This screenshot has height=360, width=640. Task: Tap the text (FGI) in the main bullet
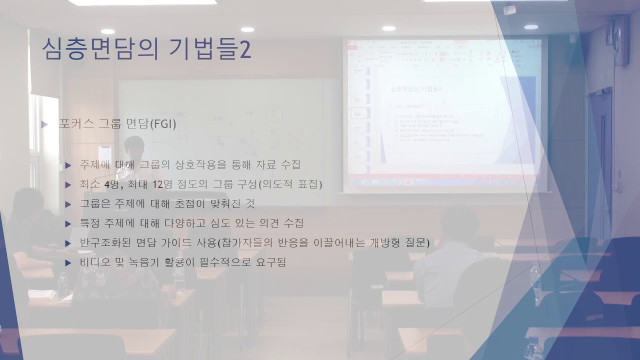point(163,123)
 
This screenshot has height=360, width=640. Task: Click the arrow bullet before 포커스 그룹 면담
point(45,124)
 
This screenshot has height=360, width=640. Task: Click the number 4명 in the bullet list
point(110,184)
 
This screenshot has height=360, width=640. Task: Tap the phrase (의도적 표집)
point(290,184)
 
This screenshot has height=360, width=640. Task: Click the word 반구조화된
point(103,243)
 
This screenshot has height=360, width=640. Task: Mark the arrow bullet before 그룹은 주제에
point(68,204)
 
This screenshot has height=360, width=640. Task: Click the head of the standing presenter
point(134,145)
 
